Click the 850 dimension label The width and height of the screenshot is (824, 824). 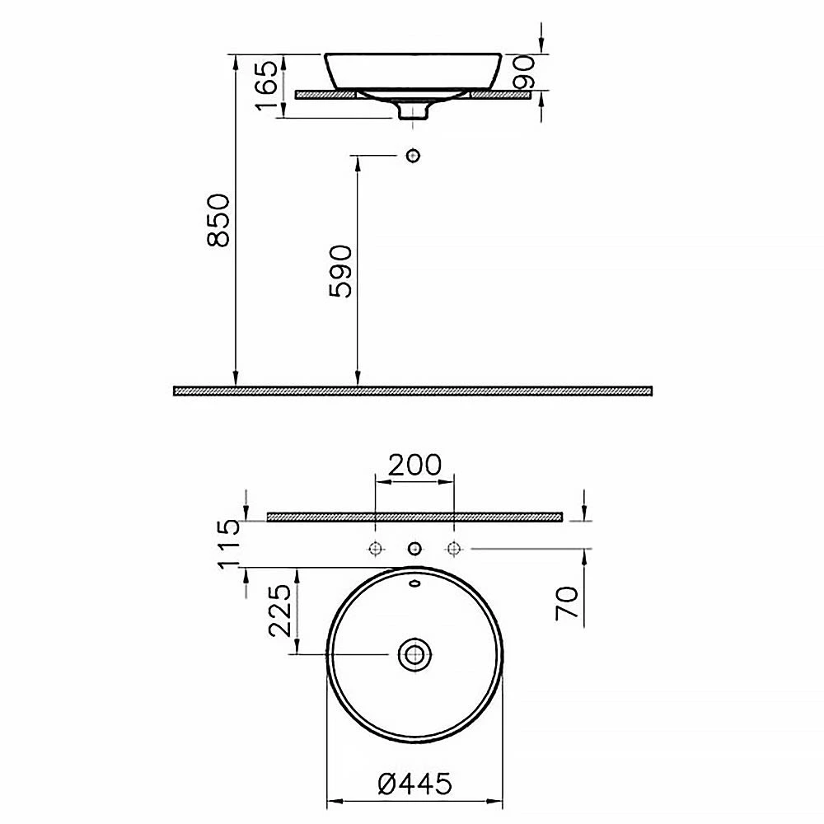coord(218,220)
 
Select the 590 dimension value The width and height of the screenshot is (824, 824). coord(340,270)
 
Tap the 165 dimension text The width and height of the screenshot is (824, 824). coord(266,86)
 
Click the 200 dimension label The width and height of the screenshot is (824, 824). coord(414,465)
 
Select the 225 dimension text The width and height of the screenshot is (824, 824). coord(281,611)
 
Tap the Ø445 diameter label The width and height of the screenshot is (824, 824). coord(414,784)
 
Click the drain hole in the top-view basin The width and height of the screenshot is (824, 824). coord(414,655)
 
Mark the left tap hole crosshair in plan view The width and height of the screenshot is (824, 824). coord(376,548)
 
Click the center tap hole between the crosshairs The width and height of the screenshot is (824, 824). coord(414,548)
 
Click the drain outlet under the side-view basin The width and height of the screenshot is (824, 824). coord(414,111)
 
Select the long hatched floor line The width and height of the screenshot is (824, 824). coord(413,391)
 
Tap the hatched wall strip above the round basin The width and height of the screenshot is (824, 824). coord(414,517)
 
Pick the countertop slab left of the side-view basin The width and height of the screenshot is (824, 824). coord(324,95)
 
